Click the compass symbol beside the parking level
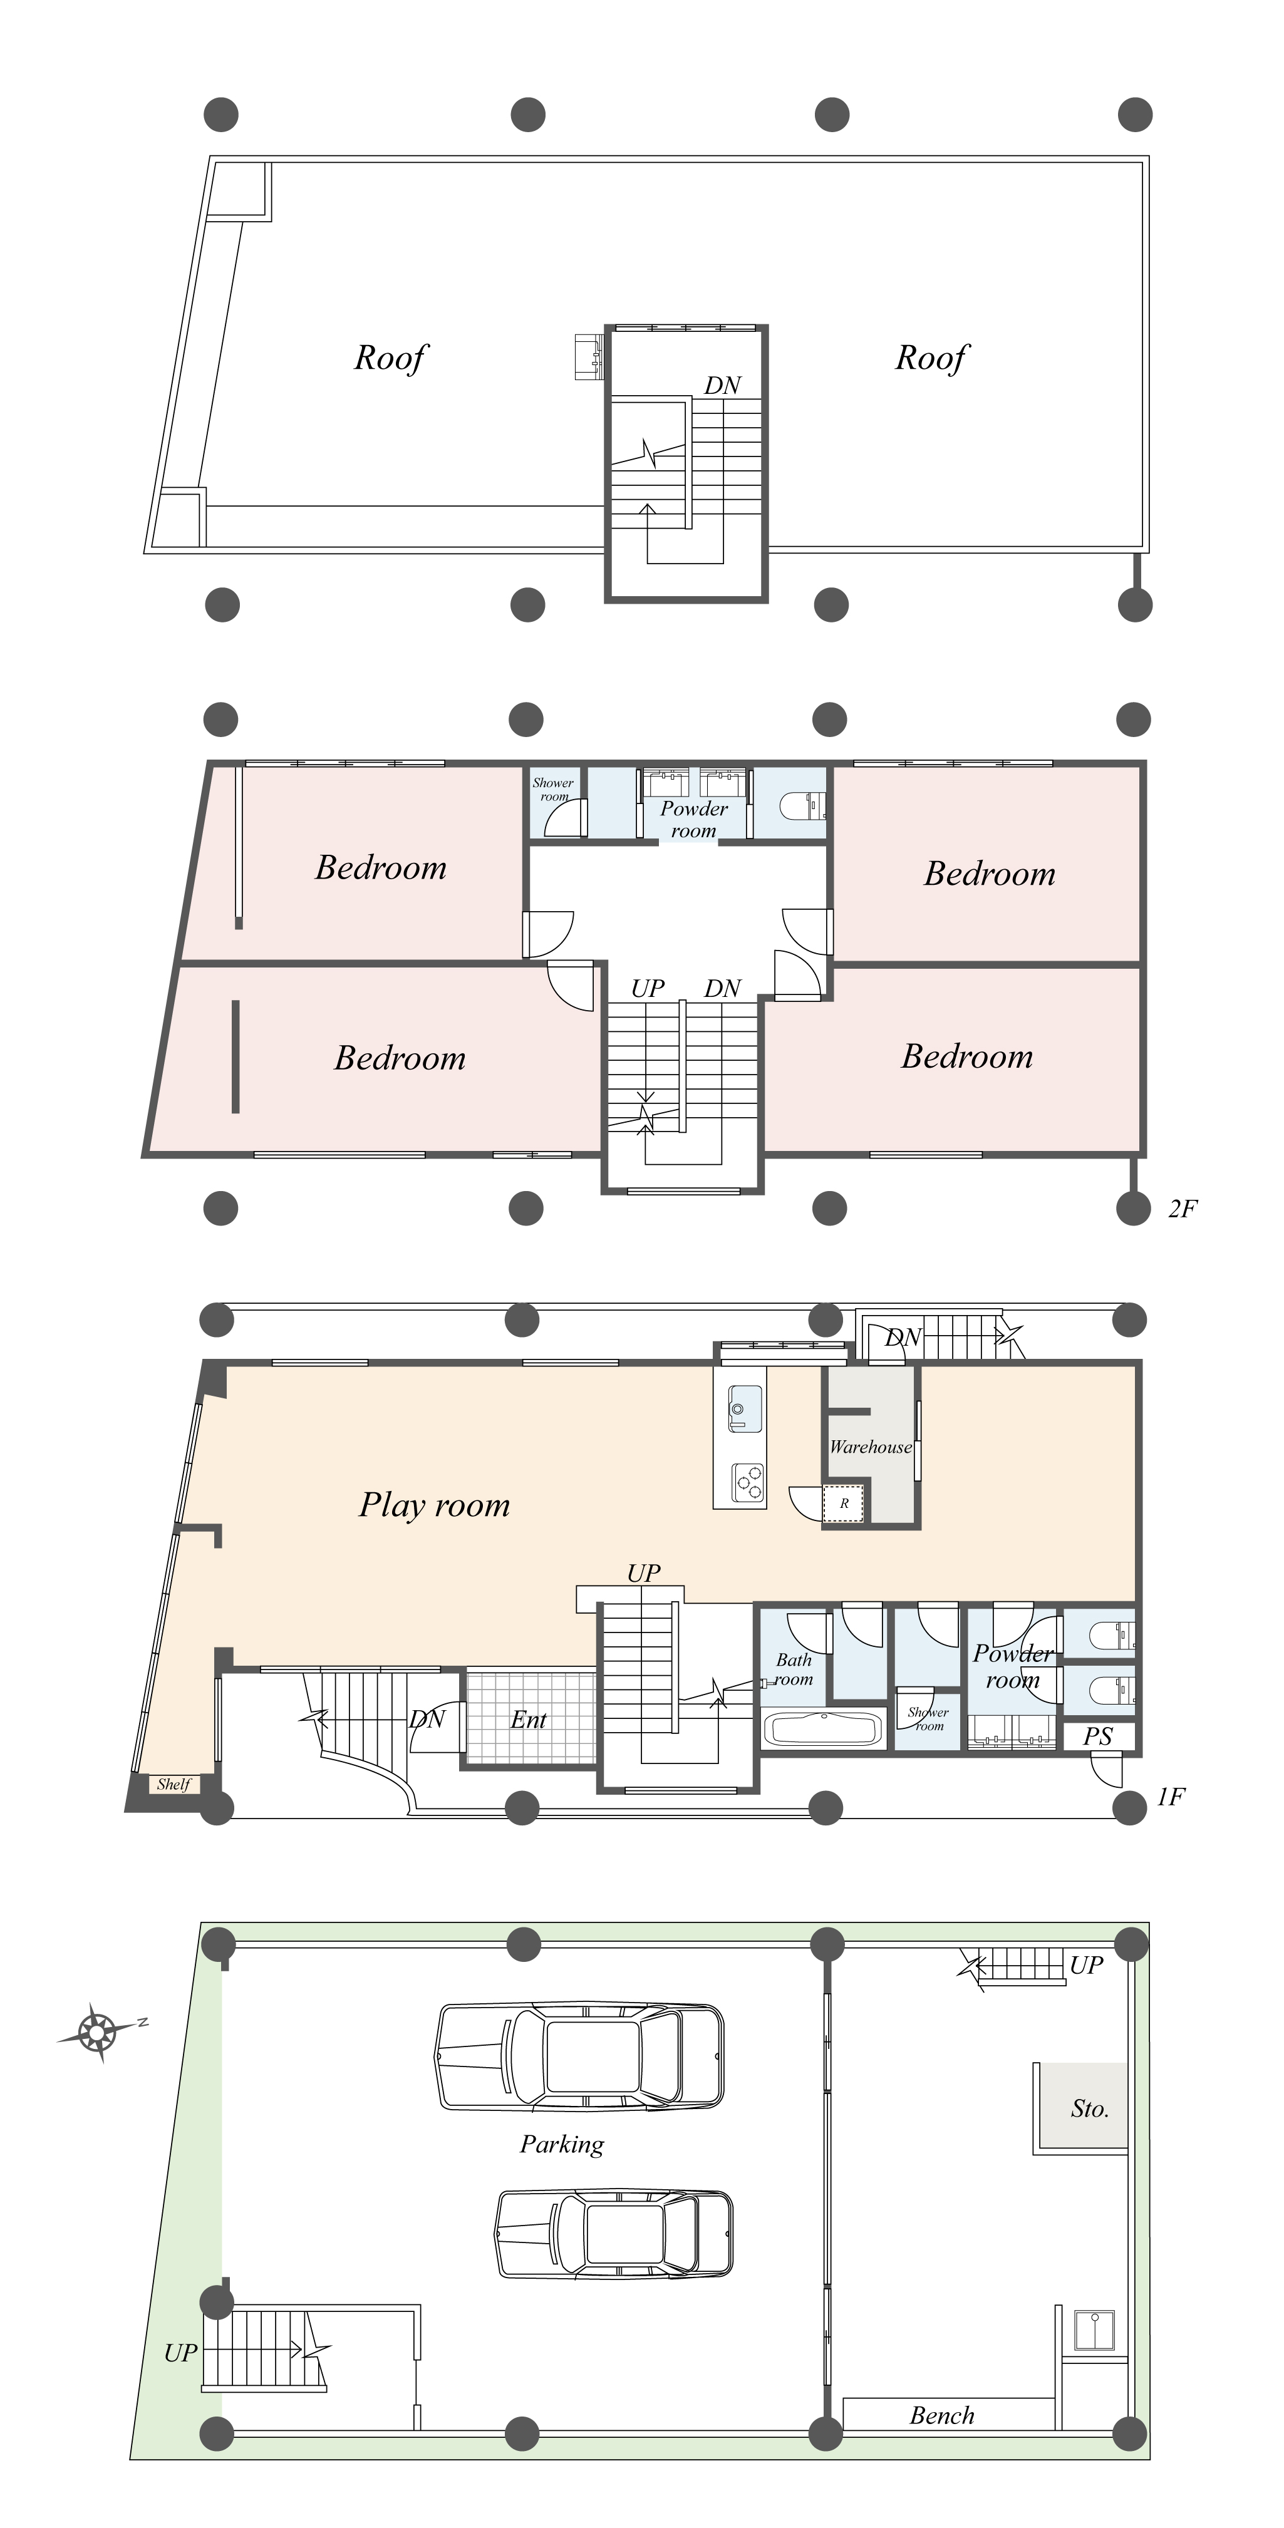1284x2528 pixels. click(98, 2031)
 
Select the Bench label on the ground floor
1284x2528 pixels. click(941, 2415)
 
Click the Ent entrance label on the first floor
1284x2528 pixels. click(528, 1720)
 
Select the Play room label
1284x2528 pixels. click(434, 1504)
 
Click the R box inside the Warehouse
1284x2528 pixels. click(843, 1504)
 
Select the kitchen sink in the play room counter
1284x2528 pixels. click(743, 1408)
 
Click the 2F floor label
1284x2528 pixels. click(1182, 1209)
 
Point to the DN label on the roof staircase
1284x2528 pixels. click(723, 386)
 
